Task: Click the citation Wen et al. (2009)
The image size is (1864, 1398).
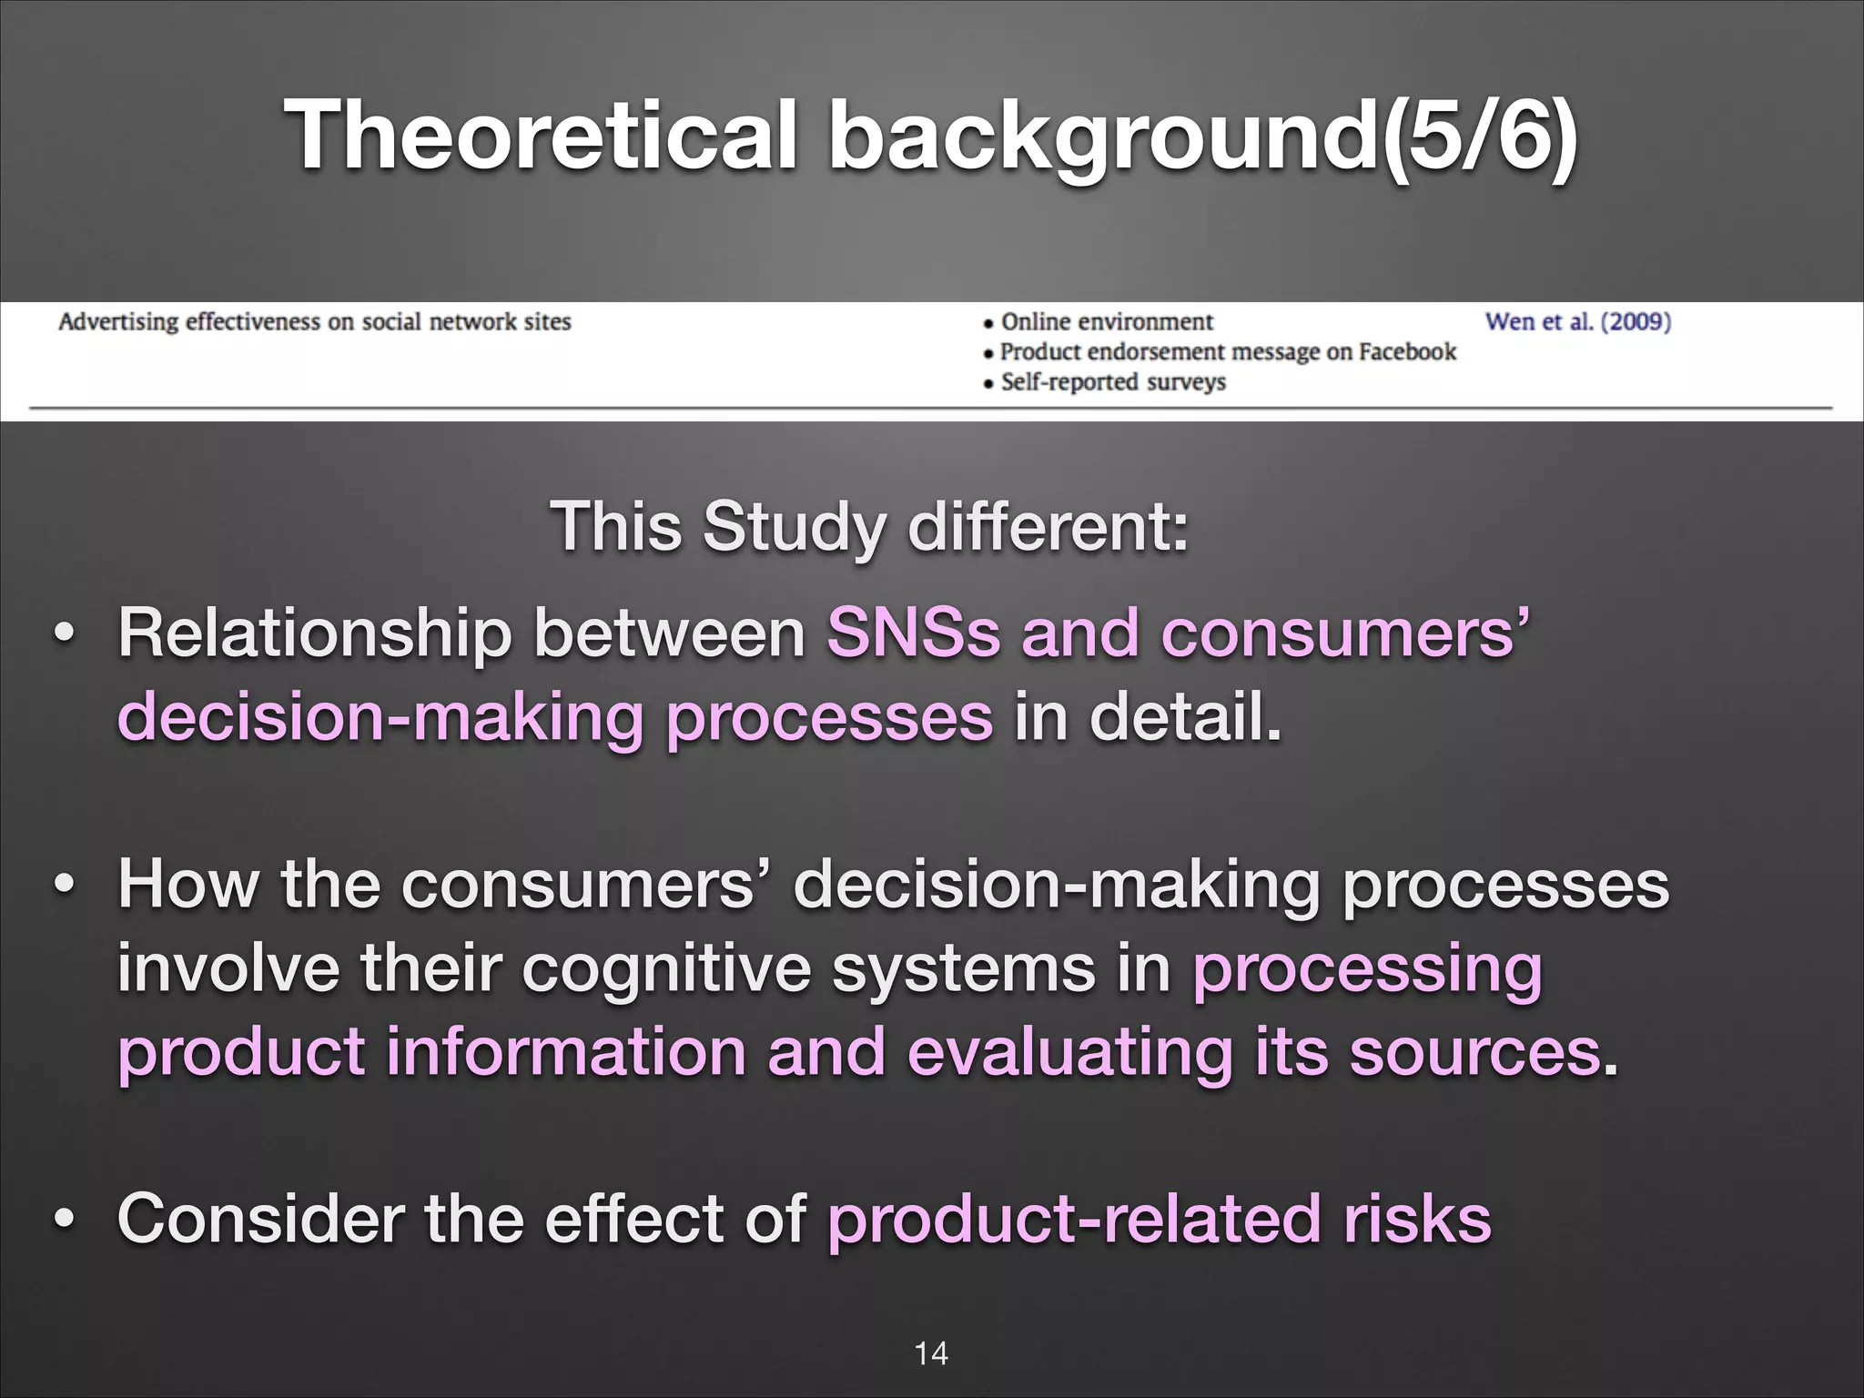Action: point(1577,321)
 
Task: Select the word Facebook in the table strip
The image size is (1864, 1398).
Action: point(1407,351)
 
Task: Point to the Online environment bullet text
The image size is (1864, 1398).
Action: point(1107,321)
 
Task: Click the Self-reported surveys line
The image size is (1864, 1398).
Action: point(1112,381)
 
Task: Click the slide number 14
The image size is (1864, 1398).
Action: point(931,1353)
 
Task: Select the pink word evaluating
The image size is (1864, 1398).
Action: point(1069,1051)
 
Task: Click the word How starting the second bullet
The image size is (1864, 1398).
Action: point(187,884)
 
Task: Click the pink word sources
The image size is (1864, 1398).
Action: point(1474,1051)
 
